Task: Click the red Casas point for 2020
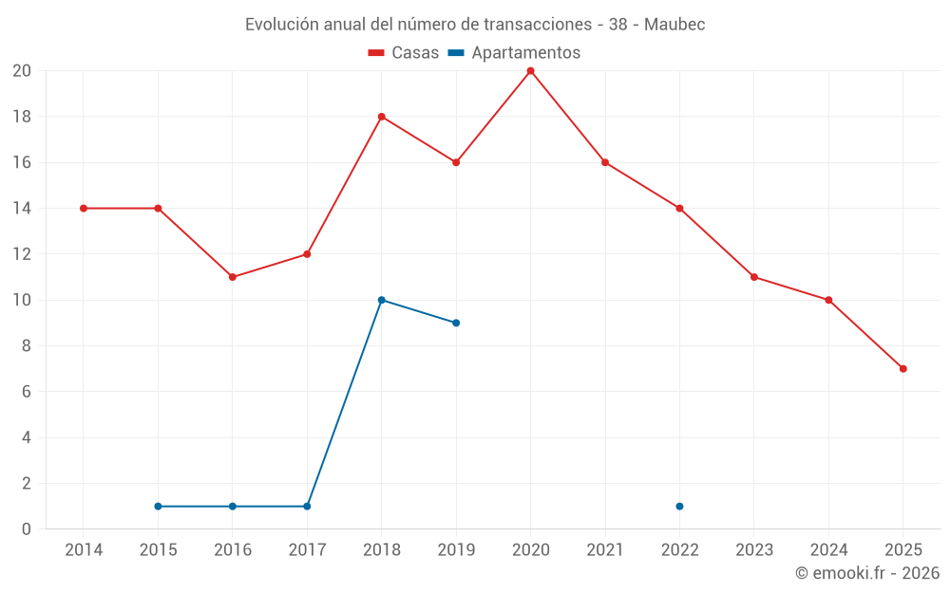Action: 530,71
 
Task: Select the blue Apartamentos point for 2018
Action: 381,300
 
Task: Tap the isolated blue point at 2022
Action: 679,506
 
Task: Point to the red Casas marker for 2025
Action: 902,368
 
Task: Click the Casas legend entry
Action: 404,53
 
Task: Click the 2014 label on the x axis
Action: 84,550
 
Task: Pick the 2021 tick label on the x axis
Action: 605,550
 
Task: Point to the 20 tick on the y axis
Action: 22,71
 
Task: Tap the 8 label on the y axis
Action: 27,346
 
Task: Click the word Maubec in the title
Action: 674,25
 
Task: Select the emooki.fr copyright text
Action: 867,573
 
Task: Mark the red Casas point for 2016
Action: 233,277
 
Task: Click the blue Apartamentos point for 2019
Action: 456,323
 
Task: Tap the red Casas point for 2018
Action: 381,117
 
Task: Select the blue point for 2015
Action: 158,506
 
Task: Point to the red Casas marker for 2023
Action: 753,277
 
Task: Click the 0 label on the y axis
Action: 27,529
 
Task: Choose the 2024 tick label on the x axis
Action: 828,550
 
